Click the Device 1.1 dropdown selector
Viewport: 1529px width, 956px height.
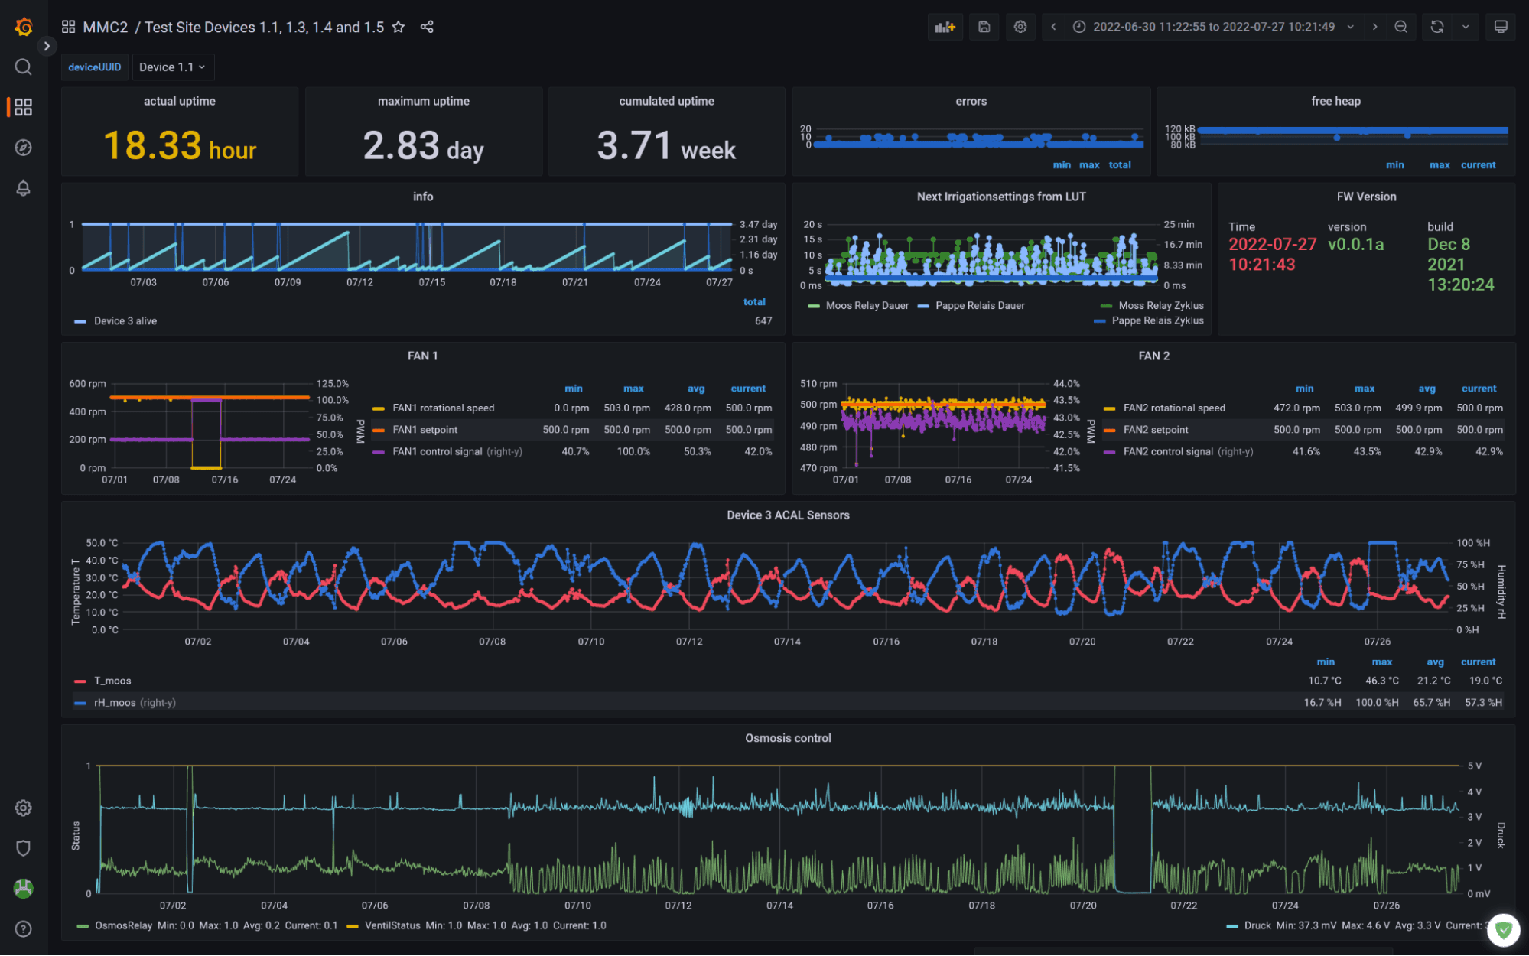172,67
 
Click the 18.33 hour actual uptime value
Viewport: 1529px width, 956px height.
180,145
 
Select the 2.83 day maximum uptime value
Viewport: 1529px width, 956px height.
423,145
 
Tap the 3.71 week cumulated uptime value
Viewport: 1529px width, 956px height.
666,145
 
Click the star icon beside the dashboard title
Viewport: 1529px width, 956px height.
399,27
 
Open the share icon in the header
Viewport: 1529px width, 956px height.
427,27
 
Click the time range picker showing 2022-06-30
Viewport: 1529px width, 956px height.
1212,27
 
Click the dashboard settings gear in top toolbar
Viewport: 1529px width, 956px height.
1020,27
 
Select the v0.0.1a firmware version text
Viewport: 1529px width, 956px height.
1355,245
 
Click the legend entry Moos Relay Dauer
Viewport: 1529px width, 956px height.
867,306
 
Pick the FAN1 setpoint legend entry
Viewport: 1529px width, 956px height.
425,430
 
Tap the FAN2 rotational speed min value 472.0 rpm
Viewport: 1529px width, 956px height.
1296,408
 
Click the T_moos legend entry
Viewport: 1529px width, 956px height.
112,681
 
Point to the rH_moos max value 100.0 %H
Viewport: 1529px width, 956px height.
1377,702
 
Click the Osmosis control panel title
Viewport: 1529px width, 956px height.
788,738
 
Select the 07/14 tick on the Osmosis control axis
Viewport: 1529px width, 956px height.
779,906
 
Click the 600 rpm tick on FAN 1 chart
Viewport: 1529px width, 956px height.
87,384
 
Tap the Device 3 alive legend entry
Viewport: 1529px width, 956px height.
125,321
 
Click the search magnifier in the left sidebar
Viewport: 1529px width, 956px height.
23,67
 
